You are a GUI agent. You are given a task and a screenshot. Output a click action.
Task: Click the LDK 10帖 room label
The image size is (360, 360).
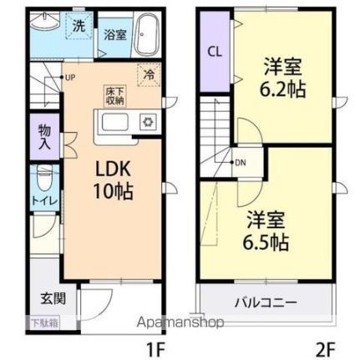tap(112, 176)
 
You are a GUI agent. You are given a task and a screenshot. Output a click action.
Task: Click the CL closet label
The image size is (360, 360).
tap(215, 52)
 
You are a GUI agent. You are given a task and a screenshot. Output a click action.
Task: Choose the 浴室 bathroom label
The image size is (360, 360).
tap(114, 36)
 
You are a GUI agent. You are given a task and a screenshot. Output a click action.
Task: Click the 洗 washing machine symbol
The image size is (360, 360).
tap(79, 26)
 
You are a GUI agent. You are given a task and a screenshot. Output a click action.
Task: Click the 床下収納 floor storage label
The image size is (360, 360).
tap(114, 94)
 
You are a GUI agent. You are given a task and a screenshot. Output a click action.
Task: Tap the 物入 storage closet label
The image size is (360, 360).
tap(43, 137)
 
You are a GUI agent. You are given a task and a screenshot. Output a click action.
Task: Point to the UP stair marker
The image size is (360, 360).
tap(70, 79)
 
